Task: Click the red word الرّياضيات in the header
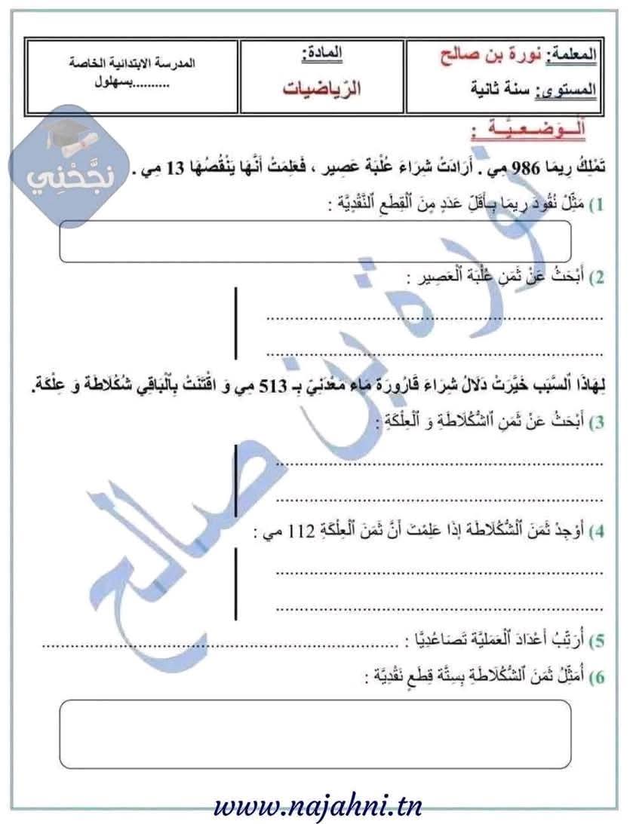coord(322,88)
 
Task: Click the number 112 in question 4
coord(292,532)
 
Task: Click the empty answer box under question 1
coord(315,241)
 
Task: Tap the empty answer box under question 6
coord(315,734)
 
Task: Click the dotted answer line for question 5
coord(219,646)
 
